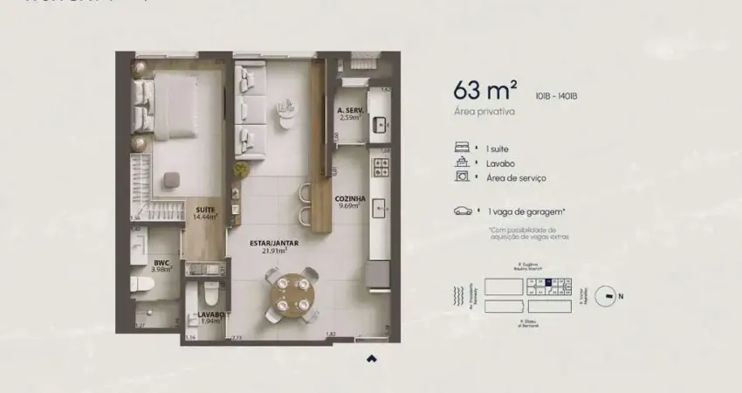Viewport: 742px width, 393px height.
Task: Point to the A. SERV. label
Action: coord(350,112)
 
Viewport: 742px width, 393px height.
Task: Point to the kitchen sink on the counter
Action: coord(380,208)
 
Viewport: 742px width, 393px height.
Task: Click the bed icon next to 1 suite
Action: coord(462,148)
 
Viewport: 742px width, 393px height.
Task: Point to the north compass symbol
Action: coord(605,296)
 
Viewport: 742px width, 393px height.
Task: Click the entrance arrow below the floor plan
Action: coord(371,358)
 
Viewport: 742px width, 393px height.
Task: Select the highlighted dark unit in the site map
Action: coord(547,281)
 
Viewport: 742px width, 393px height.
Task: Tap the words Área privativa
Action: coord(484,112)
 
